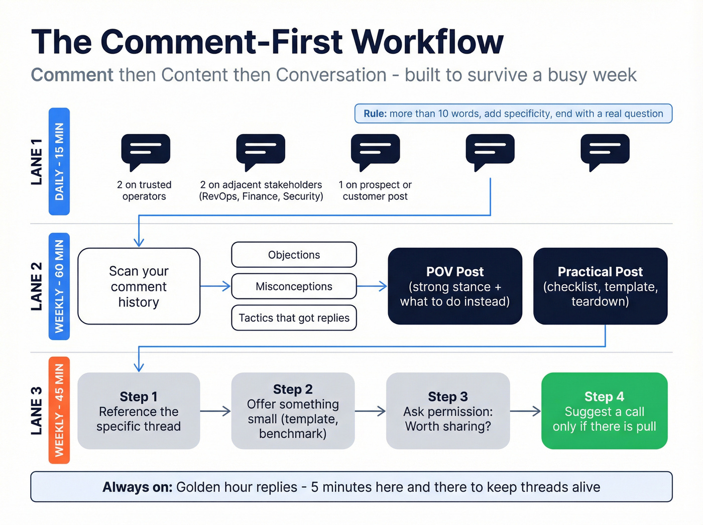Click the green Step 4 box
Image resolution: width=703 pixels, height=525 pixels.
(604, 410)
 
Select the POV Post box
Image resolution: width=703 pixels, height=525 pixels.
(454, 286)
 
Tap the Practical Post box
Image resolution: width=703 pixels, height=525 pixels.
(600, 286)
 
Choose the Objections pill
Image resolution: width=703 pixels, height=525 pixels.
(294, 255)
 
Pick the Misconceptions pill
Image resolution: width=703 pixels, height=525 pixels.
(294, 286)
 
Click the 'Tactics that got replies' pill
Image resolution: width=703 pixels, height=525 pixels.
(294, 318)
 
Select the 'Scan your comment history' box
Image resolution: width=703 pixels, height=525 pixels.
(139, 286)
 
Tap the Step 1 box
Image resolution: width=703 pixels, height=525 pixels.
(139, 410)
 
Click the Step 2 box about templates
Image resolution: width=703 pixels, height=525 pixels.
(293, 410)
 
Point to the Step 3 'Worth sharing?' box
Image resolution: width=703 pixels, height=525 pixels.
(448, 410)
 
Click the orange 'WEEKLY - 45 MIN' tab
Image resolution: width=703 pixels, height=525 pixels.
(59, 410)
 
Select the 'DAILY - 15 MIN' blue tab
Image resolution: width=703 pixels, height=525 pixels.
(59, 161)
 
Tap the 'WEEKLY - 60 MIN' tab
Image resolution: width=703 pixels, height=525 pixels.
(59, 286)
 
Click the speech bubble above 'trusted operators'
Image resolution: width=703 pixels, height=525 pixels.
(146, 149)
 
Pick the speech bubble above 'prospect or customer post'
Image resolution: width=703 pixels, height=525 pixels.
(376, 149)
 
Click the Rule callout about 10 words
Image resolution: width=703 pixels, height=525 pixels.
(513, 114)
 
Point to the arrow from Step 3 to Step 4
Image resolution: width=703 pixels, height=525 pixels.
(525, 411)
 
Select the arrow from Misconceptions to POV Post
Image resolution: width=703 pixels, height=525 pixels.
(372, 286)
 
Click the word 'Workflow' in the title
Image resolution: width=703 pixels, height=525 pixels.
(427, 42)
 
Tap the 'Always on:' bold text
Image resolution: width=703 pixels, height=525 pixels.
(137, 487)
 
